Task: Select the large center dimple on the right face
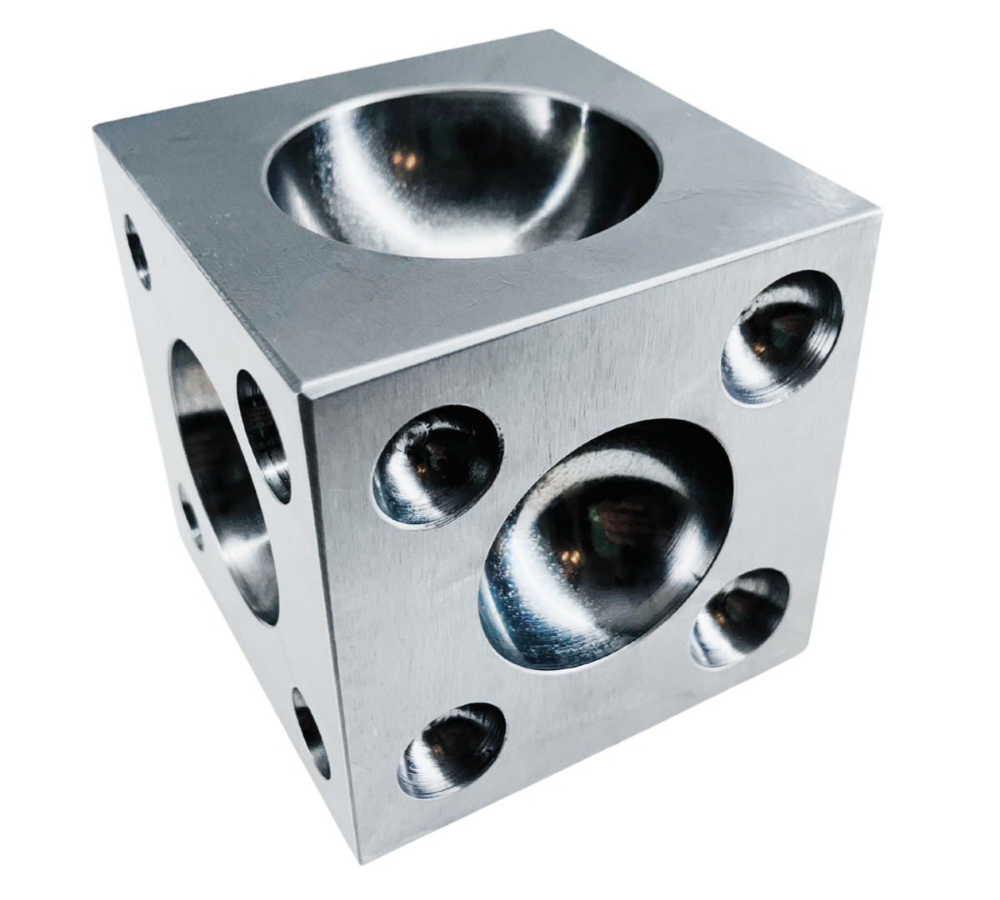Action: coord(608,533)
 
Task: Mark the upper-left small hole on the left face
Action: coord(137,250)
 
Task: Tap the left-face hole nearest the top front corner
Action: coord(262,433)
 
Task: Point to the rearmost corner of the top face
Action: coord(553,32)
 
